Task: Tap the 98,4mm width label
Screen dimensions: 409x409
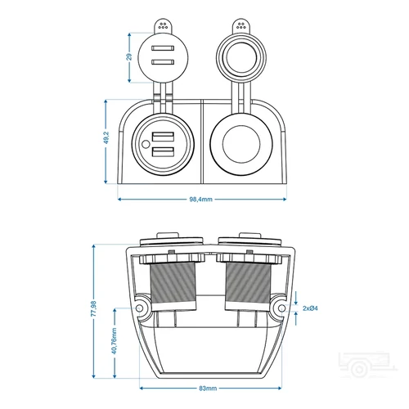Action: point(200,198)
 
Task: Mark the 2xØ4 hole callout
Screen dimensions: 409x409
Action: point(310,308)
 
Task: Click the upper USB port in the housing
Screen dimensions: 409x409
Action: point(162,137)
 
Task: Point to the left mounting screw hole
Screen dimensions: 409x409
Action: point(140,309)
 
